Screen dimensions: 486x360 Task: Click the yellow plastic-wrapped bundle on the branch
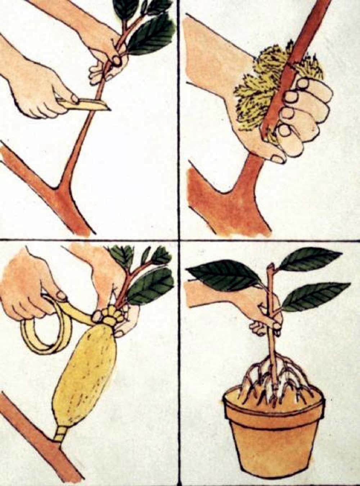click(x=86, y=374)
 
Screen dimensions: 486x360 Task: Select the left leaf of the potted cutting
click(x=223, y=275)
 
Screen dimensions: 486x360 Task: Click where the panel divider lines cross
click(x=179, y=240)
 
